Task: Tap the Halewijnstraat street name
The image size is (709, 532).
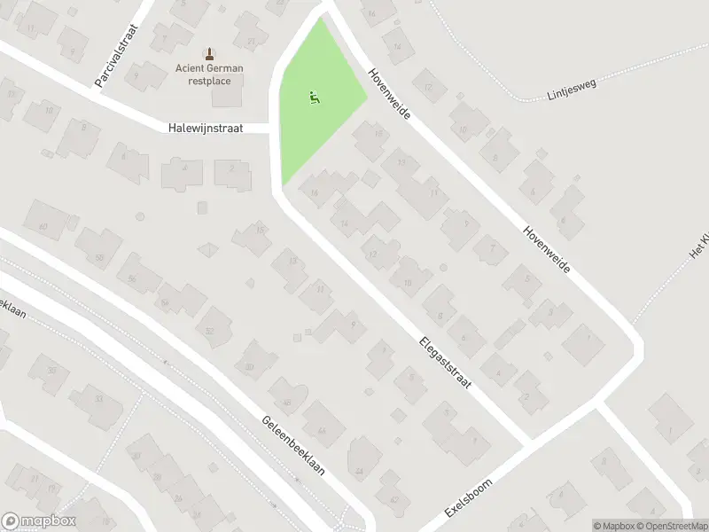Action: pos(205,129)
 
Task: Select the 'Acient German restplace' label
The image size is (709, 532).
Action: pos(209,74)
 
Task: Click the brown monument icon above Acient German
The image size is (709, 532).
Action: pos(209,53)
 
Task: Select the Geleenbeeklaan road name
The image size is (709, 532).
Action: pos(293,446)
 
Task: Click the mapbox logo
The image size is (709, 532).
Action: pos(40,521)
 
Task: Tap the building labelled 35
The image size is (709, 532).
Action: pos(52,371)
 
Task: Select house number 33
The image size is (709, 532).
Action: pos(97,399)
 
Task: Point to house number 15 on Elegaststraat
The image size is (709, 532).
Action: pos(260,231)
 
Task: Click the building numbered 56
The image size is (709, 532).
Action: pos(132,278)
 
